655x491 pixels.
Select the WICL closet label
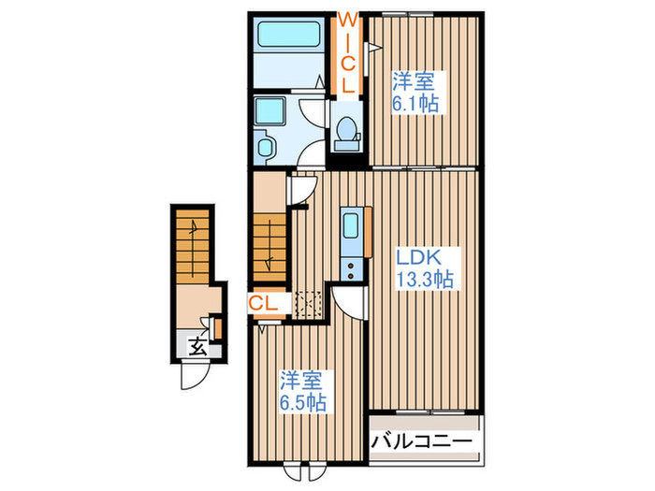coord(345,51)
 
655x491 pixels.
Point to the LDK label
coord(417,256)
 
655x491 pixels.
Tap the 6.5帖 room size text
coord(303,402)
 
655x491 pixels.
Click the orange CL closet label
coord(263,302)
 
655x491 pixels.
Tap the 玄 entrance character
coord(197,348)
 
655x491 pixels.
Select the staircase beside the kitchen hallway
coord(269,244)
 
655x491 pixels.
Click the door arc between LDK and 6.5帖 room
coord(347,302)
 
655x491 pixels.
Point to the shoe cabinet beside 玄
coord(217,328)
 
